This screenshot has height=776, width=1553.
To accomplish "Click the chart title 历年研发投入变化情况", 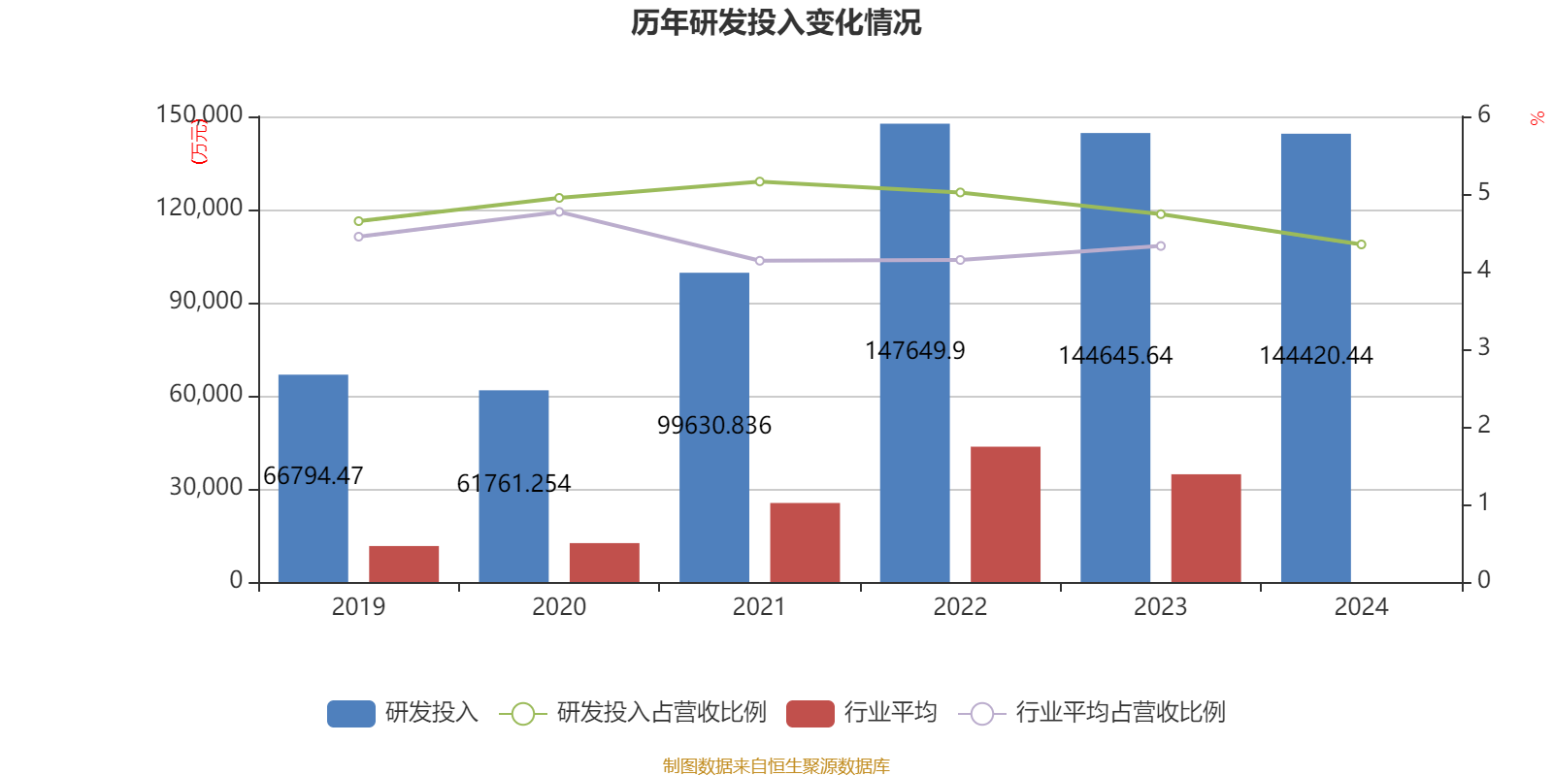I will pos(776,22).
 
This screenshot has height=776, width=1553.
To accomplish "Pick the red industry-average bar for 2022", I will pos(1006,514).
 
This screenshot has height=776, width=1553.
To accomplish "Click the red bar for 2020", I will pos(604,563).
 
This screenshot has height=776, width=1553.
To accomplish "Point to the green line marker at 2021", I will pos(759,181).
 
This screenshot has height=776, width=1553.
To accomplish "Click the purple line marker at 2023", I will pos(1160,246).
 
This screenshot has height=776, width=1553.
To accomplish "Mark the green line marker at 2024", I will pos(1361,244).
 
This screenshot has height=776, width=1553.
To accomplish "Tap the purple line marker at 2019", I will pos(358,237).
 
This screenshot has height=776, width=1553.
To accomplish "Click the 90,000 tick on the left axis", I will pos(206,302).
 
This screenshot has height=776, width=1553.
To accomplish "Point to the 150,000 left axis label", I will pos(199,115).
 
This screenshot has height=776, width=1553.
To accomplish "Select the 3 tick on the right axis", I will pos(1483,347).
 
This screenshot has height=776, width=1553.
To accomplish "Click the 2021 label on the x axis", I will pos(759,607).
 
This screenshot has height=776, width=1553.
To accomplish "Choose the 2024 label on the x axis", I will pos(1361,607).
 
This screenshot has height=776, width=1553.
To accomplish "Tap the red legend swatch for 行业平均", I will pos(810,714).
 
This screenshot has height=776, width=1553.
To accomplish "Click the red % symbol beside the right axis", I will pos(1536,119).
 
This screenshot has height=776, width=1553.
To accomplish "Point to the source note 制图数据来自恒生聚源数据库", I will pos(776,766).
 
